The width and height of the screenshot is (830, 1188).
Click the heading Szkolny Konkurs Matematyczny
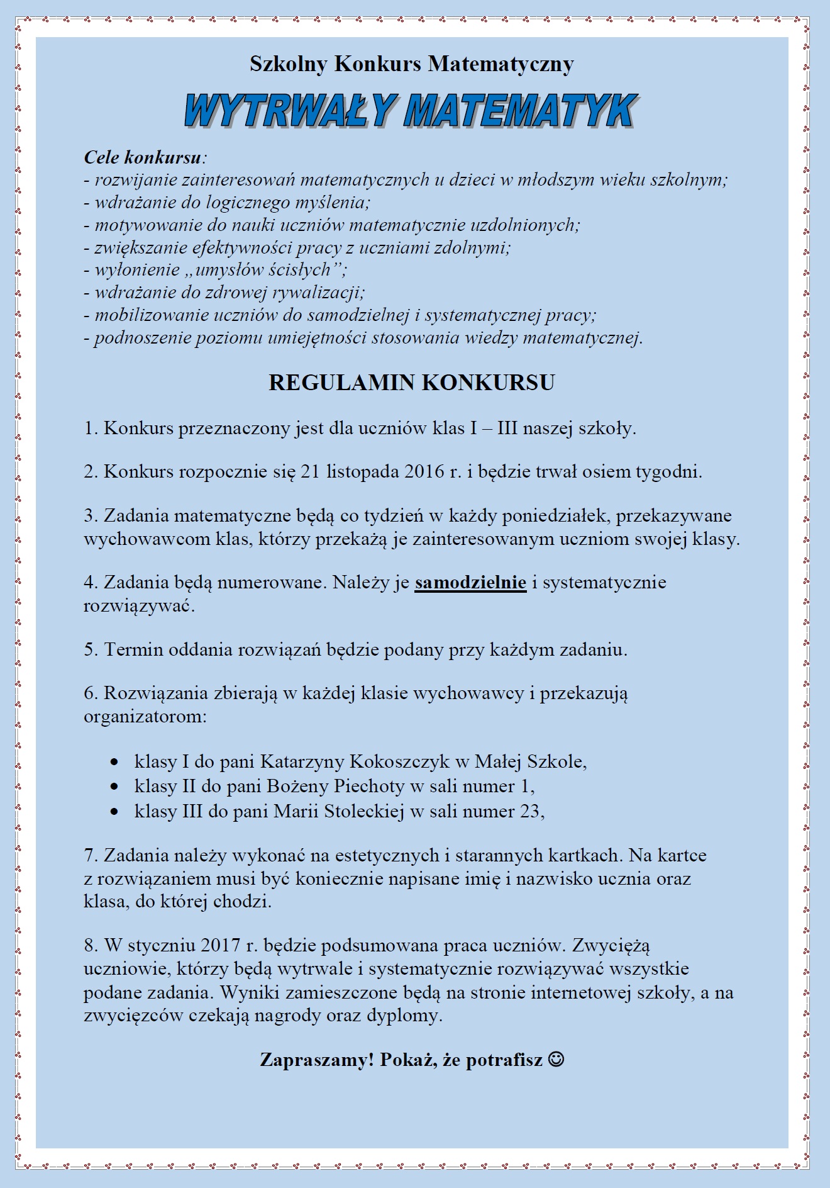(x=411, y=64)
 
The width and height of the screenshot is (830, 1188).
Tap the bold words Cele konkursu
(x=143, y=157)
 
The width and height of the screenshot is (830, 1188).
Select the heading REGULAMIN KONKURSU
(x=411, y=383)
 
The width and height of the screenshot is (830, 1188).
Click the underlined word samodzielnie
(x=470, y=583)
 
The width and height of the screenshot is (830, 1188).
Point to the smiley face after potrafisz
(x=556, y=1060)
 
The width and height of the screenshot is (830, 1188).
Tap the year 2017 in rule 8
(x=221, y=945)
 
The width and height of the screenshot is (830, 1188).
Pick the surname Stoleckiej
(x=365, y=812)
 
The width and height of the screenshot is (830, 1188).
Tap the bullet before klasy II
(x=114, y=787)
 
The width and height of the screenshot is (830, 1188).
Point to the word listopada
(x=363, y=471)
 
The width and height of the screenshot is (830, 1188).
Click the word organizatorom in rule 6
(x=145, y=717)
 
